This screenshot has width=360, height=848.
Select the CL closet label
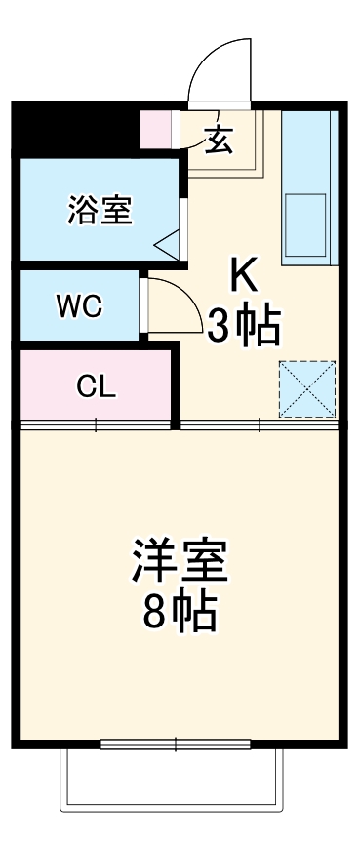(x=97, y=386)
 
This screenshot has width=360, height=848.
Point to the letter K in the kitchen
(x=242, y=276)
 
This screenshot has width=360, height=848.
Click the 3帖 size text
(x=243, y=325)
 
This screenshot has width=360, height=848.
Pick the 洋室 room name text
(x=180, y=560)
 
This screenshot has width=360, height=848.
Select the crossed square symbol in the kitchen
(x=306, y=387)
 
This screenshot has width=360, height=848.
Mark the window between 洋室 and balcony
(x=177, y=745)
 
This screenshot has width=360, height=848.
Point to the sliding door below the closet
(x=97, y=424)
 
